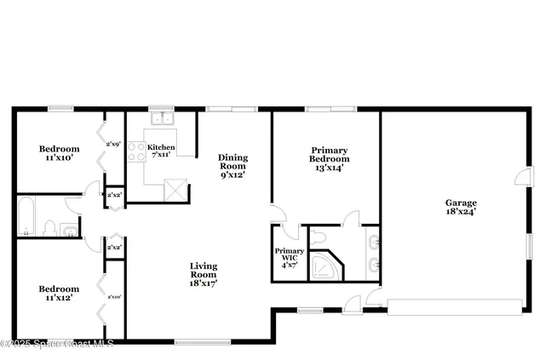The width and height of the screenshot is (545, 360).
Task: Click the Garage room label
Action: [x=460, y=207]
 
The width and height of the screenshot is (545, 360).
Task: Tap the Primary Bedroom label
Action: [x=329, y=158]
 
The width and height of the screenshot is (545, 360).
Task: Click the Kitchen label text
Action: [x=163, y=151]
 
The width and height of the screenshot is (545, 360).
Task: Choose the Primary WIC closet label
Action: [x=289, y=257]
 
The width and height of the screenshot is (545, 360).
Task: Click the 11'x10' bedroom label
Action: [x=59, y=153]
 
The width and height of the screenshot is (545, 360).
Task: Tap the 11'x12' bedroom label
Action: [x=59, y=294]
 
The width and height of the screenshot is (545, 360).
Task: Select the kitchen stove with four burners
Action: [x=135, y=151]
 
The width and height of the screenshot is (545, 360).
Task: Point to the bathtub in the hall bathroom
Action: [x=25, y=217]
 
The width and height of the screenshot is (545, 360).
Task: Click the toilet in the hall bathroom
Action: [x=49, y=227]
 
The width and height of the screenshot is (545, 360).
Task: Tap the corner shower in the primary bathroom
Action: [x=324, y=266]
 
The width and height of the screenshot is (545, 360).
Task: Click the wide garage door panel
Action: [x=456, y=306]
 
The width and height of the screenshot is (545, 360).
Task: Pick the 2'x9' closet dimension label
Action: [x=113, y=144]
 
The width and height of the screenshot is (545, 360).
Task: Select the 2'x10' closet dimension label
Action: [x=113, y=296]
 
